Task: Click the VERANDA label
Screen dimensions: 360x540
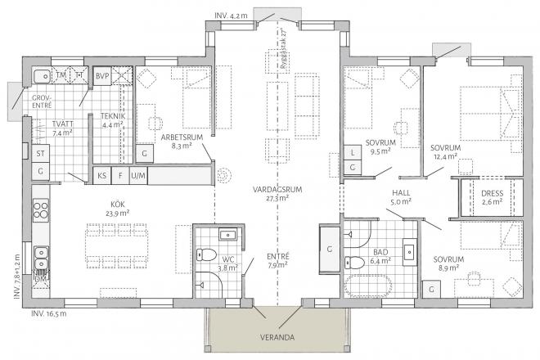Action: click(274, 335)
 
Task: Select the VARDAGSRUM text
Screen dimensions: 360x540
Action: click(280, 189)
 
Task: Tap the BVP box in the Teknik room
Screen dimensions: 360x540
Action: click(102, 75)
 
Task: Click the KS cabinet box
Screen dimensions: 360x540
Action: click(102, 175)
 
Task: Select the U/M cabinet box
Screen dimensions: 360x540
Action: click(138, 175)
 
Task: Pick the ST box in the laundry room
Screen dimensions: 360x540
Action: click(40, 153)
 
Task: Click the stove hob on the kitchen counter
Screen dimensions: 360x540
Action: click(41, 210)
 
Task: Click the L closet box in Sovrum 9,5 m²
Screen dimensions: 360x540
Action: click(352, 153)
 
